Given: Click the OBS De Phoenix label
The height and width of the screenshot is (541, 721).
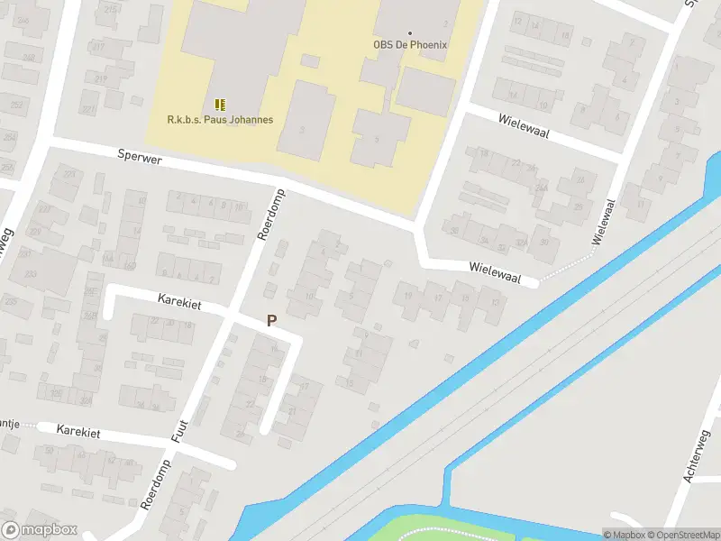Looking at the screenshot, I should coord(410,45).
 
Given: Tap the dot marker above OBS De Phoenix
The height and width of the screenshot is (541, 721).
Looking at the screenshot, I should coord(410,33).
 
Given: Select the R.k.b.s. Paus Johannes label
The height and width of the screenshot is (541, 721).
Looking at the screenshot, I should coord(220,119).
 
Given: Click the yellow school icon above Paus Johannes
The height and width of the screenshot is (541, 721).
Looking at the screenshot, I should coord(221,105).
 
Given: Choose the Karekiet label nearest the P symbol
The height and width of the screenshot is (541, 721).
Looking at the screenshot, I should coord(178,301).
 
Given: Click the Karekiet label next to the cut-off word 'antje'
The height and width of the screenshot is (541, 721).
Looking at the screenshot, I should coord(78,433).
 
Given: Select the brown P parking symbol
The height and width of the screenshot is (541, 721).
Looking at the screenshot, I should coord(271,320).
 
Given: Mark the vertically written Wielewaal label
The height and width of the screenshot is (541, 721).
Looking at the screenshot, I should coord(601,222).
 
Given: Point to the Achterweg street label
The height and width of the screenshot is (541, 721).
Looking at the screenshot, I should coord(699,457).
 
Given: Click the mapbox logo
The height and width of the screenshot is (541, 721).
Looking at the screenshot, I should coord(39,529).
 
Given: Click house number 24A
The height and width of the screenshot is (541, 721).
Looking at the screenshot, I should coord(541,188).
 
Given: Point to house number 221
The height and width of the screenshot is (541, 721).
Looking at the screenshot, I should coord(87,109).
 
